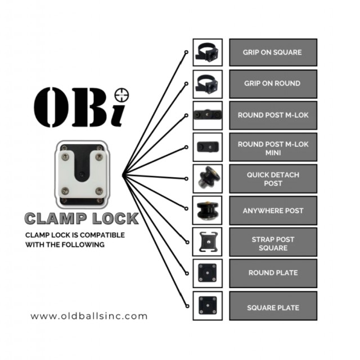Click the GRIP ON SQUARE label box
(273, 52)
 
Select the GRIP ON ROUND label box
(273, 84)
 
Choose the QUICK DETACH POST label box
(273, 179)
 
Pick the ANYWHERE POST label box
(273, 210)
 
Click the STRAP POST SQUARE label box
(273, 242)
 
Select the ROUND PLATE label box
(273, 273)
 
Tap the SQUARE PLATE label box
(273, 306)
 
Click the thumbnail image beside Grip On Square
(208, 52)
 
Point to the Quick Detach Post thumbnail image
(208, 179)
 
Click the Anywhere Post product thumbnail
(208, 210)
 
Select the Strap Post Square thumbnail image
(208, 242)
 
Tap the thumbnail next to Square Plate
(208, 305)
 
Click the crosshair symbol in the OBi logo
(121, 95)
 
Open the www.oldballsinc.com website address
(89, 316)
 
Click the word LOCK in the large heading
(115, 219)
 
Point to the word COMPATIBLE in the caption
(102, 235)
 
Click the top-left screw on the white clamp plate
(65, 157)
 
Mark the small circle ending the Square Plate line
(187, 306)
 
